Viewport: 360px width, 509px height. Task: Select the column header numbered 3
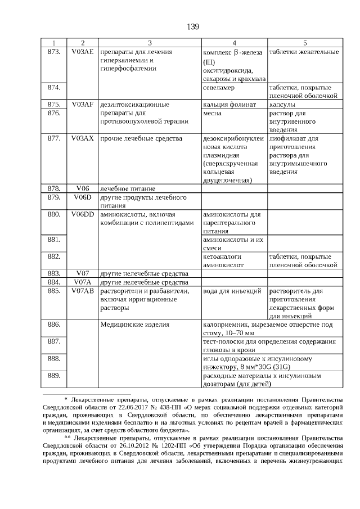(150, 43)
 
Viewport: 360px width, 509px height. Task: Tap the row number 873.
(54, 52)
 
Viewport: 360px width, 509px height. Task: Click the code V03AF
(83, 105)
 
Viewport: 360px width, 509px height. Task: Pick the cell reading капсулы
(283, 105)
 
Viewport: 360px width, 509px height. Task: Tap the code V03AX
(83, 138)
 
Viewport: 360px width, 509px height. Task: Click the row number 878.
(54, 188)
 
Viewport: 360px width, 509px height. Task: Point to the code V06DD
(83, 214)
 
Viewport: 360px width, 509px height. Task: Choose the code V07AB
(83, 291)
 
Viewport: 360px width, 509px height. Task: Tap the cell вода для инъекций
(231, 291)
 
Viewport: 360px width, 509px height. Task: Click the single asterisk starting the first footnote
(66, 399)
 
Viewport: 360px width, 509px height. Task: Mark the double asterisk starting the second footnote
(67, 437)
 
